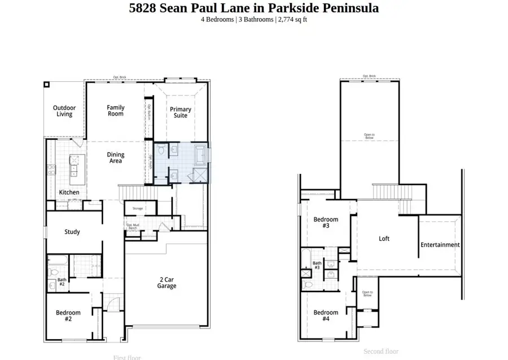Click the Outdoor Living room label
[x=64, y=111]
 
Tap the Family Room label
[x=116, y=111]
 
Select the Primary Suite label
[x=181, y=112]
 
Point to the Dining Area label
[x=116, y=158]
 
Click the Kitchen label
[x=69, y=192]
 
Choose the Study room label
[x=72, y=232]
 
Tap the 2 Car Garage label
[x=167, y=283]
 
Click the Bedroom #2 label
[x=68, y=315]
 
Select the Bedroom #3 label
[x=326, y=222]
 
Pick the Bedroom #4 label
[x=326, y=315]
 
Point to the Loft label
[x=384, y=239]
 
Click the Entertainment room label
[x=440, y=245]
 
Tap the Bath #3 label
[x=317, y=265]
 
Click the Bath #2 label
[x=62, y=281]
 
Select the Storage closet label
[x=138, y=209]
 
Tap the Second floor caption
[x=381, y=352]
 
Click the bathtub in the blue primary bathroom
[x=201, y=153]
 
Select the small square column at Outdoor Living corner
[x=46, y=85]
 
